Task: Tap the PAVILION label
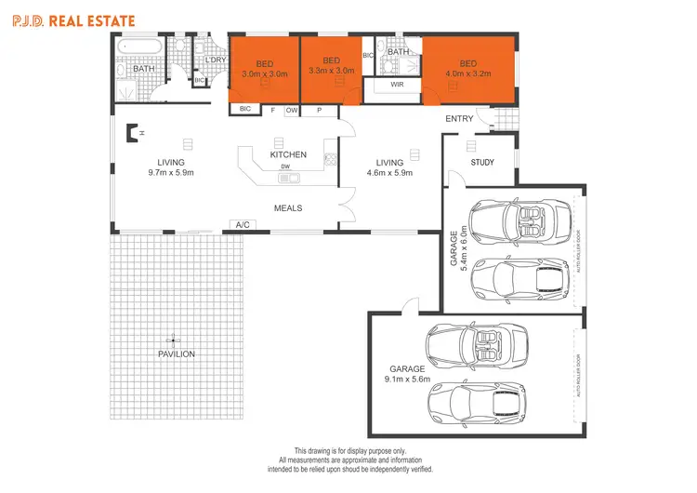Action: pyautogui.click(x=176, y=354)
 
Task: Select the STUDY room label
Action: pyautogui.click(x=482, y=163)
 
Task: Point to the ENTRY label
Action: pyautogui.click(x=459, y=119)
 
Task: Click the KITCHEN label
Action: pyautogui.click(x=288, y=154)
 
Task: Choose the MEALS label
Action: pyautogui.click(x=288, y=208)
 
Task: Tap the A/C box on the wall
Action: pyautogui.click(x=243, y=225)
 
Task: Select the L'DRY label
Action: pyautogui.click(x=215, y=60)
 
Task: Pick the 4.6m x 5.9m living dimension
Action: pyautogui.click(x=388, y=172)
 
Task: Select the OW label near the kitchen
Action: pyautogui.click(x=291, y=110)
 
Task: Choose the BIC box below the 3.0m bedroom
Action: pyautogui.click(x=245, y=109)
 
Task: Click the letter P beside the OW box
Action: pyautogui.click(x=319, y=110)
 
